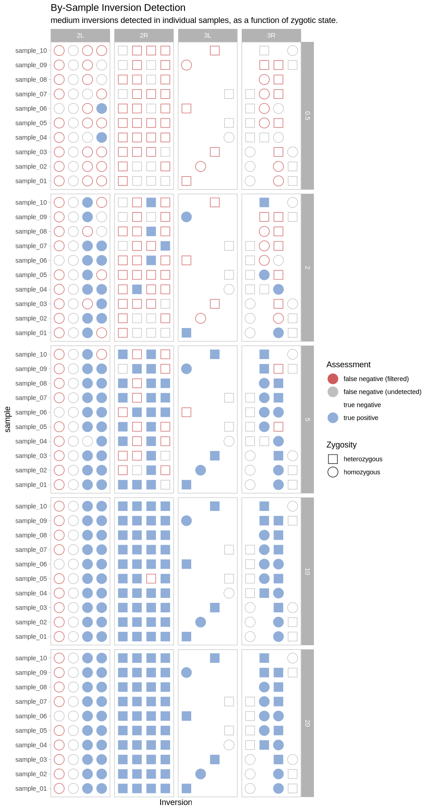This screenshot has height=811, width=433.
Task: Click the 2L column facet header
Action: [x=80, y=35]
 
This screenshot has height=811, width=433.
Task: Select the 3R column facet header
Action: [x=271, y=35]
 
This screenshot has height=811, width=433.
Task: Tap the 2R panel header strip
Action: [x=144, y=35]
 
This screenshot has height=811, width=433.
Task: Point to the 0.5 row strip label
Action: [x=307, y=116]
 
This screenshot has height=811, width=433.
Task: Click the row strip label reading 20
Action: [x=307, y=723]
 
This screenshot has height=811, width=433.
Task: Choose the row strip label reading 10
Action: [x=307, y=571]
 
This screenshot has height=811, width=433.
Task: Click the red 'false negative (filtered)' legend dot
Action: [x=333, y=379]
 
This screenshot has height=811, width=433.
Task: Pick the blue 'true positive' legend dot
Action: [x=333, y=418]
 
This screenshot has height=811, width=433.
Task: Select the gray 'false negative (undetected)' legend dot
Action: [x=333, y=392]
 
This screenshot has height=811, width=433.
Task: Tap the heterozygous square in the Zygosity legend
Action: [x=333, y=459]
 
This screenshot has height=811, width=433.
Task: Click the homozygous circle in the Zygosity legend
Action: [x=333, y=472]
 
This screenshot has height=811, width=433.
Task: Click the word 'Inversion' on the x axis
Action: [x=175, y=802]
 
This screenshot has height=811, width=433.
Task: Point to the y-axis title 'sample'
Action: [x=8, y=419]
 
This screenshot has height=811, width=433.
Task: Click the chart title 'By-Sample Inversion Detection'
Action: [x=118, y=8]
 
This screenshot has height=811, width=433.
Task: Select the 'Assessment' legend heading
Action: [x=348, y=364]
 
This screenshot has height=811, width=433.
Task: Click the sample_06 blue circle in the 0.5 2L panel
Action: [x=101, y=109]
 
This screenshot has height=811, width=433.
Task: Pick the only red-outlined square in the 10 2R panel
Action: [x=151, y=579]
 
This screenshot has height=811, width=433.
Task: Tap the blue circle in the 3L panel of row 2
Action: [x=186, y=217]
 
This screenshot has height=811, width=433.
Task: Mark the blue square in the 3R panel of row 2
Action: [x=264, y=203]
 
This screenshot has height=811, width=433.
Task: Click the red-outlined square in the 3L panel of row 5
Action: [x=186, y=412]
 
